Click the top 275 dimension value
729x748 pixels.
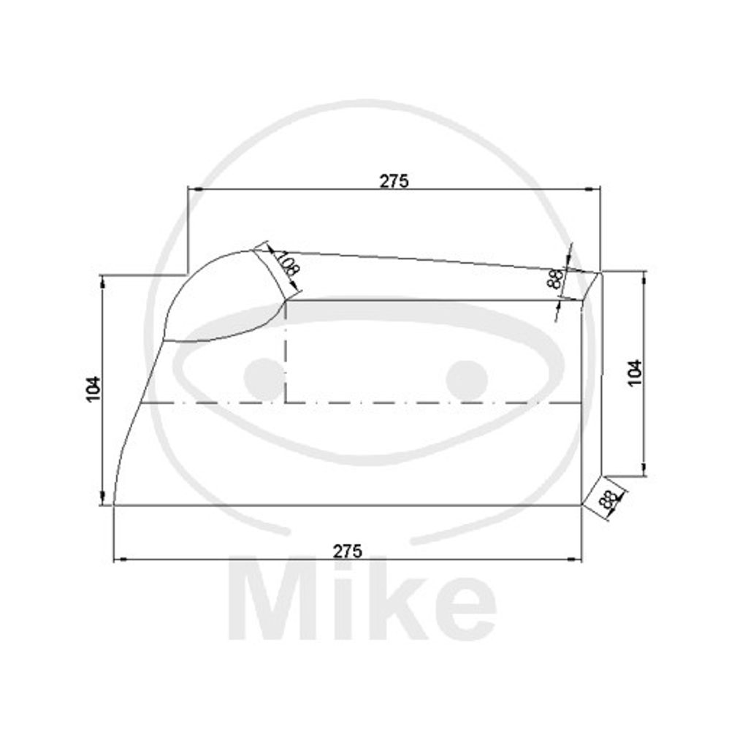394,181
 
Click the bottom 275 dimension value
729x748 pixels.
347,552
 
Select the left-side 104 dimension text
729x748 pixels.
94,389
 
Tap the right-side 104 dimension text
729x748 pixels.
635,373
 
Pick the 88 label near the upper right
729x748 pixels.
555,279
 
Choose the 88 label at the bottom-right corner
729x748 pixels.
608,500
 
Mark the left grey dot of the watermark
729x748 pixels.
264,379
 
